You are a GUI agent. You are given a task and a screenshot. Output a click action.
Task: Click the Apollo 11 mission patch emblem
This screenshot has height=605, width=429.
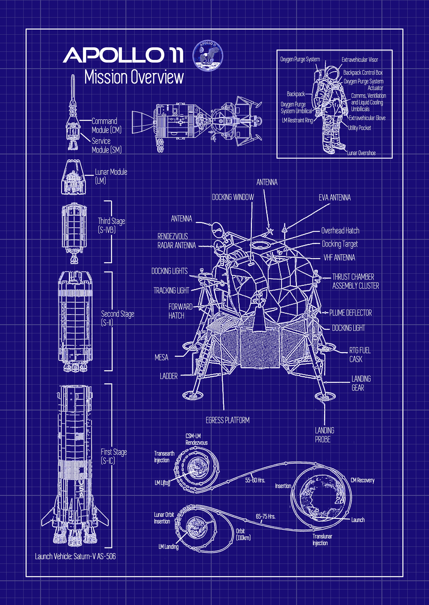(208, 56)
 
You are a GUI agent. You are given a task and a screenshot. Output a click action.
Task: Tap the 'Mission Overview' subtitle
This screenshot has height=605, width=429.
(134, 77)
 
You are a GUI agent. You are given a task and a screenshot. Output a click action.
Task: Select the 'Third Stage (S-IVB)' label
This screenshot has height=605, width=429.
(111, 225)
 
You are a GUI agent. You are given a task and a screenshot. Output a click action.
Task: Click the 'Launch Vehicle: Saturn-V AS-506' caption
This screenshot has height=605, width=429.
(75, 557)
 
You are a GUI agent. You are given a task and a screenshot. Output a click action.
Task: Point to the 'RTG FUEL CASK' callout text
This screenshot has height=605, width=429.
(360, 355)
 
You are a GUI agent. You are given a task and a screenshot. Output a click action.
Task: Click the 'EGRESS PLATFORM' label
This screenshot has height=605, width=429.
(227, 420)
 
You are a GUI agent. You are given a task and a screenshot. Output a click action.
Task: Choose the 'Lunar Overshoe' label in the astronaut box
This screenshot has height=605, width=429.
(361, 153)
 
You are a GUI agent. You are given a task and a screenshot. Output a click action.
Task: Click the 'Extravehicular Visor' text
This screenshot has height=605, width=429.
(360, 60)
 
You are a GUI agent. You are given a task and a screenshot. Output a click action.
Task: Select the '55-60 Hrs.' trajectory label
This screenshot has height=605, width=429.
(255, 480)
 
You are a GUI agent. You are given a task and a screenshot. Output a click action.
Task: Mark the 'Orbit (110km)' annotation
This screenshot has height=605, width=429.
(243, 534)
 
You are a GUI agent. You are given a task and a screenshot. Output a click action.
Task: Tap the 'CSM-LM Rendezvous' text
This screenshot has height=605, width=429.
(196, 439)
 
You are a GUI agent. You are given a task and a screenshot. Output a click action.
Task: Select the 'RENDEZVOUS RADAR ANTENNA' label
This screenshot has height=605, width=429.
(176, 241)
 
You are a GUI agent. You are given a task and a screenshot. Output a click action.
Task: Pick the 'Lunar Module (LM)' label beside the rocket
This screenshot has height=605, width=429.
(111, 176)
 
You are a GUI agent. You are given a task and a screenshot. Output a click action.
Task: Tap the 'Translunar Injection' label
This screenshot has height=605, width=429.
(322, 540)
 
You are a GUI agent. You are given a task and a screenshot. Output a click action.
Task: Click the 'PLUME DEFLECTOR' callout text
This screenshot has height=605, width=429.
(350, 313)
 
